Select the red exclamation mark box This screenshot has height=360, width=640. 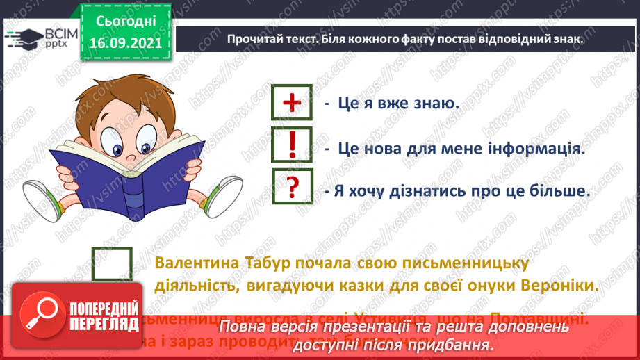pyautogui.click(x=293, y=145)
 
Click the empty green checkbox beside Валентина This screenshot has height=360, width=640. pyautogui.click(x=112, y=265)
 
